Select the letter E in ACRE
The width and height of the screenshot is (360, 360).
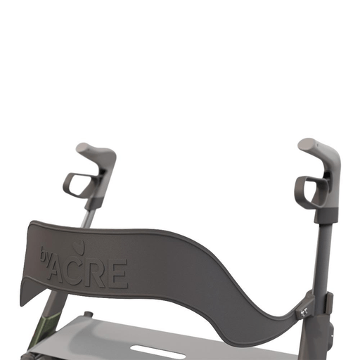pos(118,274)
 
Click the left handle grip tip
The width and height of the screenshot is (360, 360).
pos(84,148)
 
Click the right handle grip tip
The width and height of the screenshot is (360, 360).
pos(306,145)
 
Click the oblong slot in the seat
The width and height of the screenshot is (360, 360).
pos(158,349)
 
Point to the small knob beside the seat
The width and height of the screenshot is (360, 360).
pos(89,315)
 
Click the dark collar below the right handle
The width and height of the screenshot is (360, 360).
pos(326,214)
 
